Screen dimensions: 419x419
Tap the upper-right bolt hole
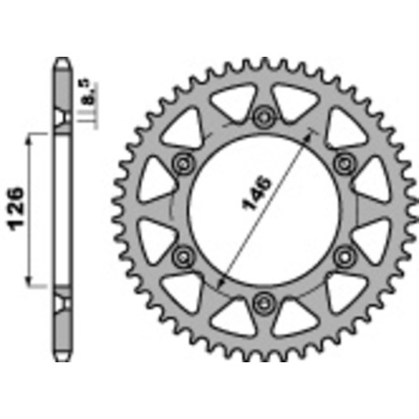click(x=344, y=162)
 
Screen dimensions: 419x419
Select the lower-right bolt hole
click(x=344, y=252)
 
